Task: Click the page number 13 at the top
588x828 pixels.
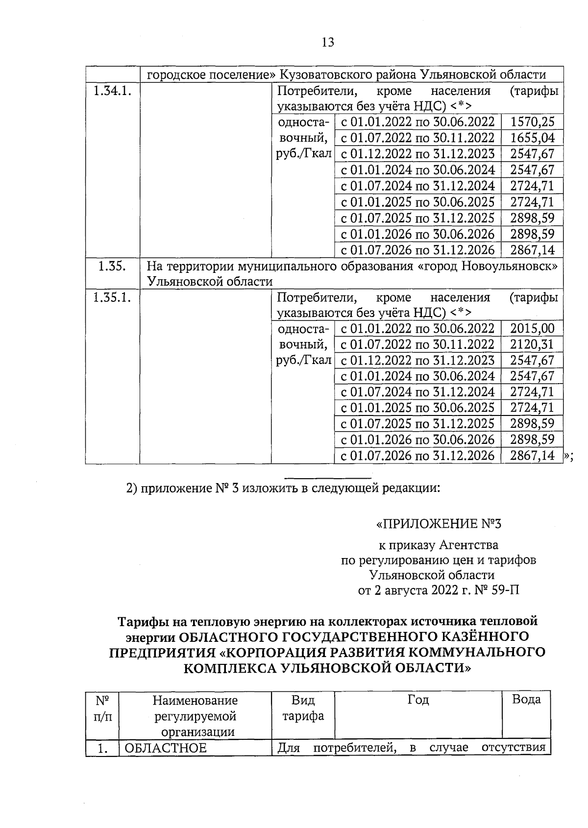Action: click(328, 43)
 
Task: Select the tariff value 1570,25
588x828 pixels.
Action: click(532, 122)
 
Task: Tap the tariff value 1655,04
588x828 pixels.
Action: click(532, 138)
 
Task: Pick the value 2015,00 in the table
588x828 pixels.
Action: click(532, 328)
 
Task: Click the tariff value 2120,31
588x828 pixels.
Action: click(532, 344)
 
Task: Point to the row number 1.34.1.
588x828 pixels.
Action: click(112, 91)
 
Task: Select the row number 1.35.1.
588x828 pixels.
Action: click(112, 297)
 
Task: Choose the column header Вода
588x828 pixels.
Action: click(526, 699)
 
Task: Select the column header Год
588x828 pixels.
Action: click(418, 700)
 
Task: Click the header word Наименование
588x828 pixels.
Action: click(195, 700)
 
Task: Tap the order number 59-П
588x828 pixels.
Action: click(505, 590)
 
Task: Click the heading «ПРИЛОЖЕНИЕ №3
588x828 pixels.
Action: click(439, 524)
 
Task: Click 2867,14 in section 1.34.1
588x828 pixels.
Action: click(532, 250)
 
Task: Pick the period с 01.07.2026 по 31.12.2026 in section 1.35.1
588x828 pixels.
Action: click(417, 456)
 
